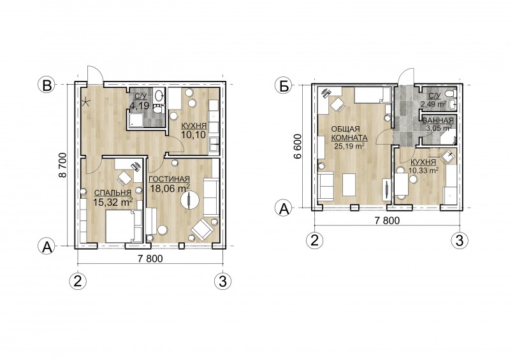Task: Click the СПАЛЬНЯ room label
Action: pyautogui.click(x=112, y=193)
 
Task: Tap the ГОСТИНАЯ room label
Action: pyautogui.click(x=169, y=179)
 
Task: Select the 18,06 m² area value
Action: pyautogui.click(x=170, y=188)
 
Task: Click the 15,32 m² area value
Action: pyautogui.click(x=113, y=202)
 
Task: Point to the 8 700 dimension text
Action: pyautogui.click(x=62, y=165)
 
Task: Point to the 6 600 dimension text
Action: pyautogui.click(x=297, y=146)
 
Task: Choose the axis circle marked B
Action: pyautogui.click(x=47, y=85)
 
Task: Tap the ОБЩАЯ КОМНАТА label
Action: pyautogui.click(x=349, y=133)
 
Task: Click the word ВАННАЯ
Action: pyautogui.click(x=438, y=120)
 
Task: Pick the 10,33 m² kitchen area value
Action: pyautogui.click(x=423, y=169)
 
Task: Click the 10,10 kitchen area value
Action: pyautogui.click(x=194, y=134)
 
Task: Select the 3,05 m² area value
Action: pyautogui.click(x=439, y=128)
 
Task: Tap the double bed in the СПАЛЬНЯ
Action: pyautogui.click(x=124, y=226)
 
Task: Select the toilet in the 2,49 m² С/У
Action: pyautogui.click(x=450, y=94)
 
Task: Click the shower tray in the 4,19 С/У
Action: pyautogui.click(x=136, y=120)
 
